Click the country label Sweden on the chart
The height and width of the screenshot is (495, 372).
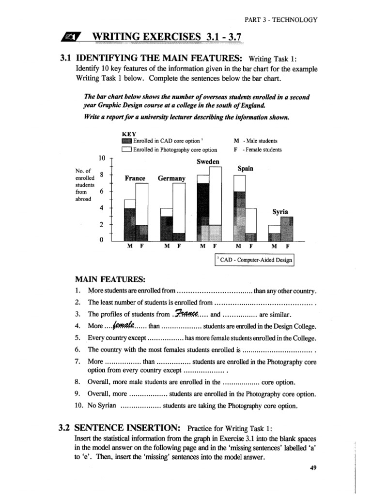click(x=208, y=161)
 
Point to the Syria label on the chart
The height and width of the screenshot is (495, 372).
click(x=280, y=212)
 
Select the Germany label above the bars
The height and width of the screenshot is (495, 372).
click(x=171, y=178)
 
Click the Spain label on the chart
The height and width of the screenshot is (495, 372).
click(x=246, y=169)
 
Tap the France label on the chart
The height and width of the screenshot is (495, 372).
click(x=135, y=178)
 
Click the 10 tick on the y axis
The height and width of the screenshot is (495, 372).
click(x=102, y=158)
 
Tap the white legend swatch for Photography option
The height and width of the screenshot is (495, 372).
click(x=127, y=150)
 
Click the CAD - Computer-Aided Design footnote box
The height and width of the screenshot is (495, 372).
click(x=255, y=261)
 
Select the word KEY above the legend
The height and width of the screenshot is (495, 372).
click(x=129, y=133)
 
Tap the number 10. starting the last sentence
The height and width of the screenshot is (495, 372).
click(x=80, y=406)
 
